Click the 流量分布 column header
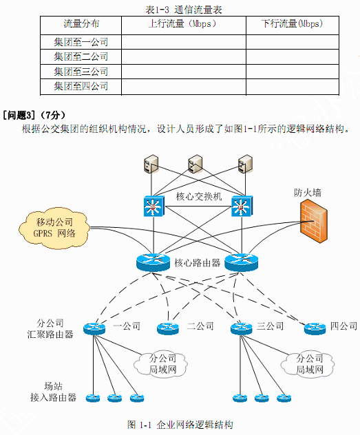click(81, 23)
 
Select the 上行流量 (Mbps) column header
click(182, 23)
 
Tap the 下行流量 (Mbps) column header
click(293, 23)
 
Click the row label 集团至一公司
click(81, 42)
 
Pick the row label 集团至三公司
click(81, 72)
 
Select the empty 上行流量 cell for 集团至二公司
click(184, 57)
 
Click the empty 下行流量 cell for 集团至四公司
click(293, 87)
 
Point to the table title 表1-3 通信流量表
click(184, 10)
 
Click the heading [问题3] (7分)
click(34, 115)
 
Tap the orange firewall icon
click(314, 221)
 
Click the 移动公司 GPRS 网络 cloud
click(54, 228)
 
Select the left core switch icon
click(153, 206)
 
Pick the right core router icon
click(242, 262)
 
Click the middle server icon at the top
click(195, 164)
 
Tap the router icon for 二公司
click(168, 329)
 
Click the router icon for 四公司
click(315, 329)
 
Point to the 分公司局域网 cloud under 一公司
click(161, 364)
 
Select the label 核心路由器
click(197, 263)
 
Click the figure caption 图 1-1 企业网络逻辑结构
click(180, 425)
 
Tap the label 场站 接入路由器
click(53, 392)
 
